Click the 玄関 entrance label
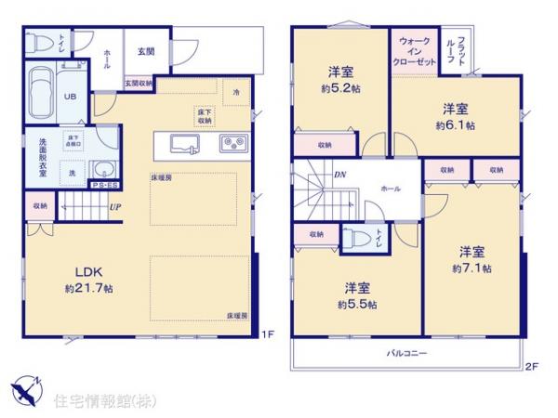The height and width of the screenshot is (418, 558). pos(146,51)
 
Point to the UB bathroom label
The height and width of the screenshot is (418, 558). pos(70,96)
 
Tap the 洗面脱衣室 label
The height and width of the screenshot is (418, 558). pos(44,152)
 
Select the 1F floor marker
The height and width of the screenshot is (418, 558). pos(265,333)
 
